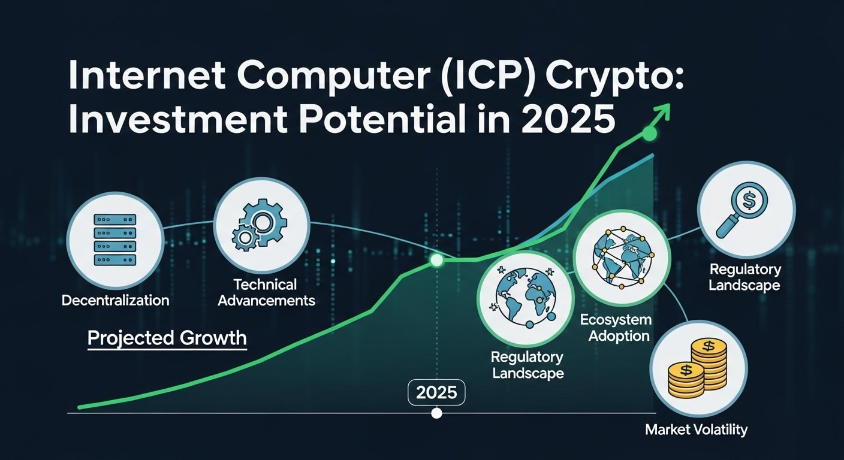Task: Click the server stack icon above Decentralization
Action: click(114, 240)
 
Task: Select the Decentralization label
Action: click(115, 300)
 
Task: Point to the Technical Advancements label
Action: click(266, 292)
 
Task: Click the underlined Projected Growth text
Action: click(167, 338)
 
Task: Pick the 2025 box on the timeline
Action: click(436, 393)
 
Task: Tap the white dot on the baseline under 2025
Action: click(436, 413)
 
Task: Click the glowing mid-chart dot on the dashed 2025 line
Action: click(436, 260)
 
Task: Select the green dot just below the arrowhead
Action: click(649, 134)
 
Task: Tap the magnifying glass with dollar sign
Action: click(746, 209)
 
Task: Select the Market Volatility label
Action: click(696, 429)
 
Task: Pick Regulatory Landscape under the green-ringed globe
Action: click(527, 365)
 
